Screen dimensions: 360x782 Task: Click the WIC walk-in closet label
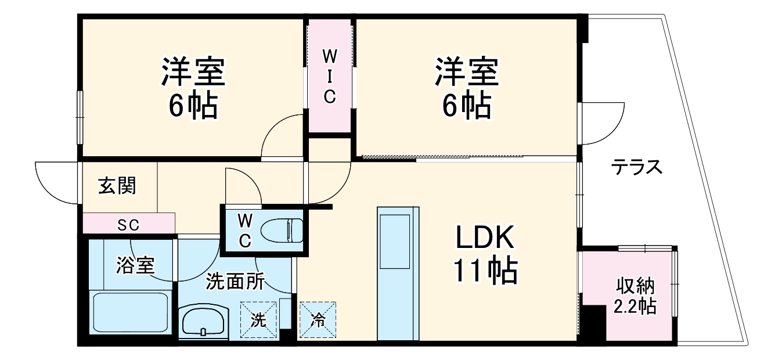pos(329,76)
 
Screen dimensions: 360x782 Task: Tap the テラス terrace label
pos(636,168)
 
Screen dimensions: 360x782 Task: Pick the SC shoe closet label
pos(128,224)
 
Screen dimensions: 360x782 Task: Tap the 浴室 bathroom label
pos(135,266)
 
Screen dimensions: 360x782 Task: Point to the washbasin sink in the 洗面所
pos(203,321)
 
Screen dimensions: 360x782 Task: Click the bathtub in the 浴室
pos(131,312)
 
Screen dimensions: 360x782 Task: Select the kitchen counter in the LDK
pos(398,273)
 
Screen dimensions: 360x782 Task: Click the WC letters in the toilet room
pos(245,230)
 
